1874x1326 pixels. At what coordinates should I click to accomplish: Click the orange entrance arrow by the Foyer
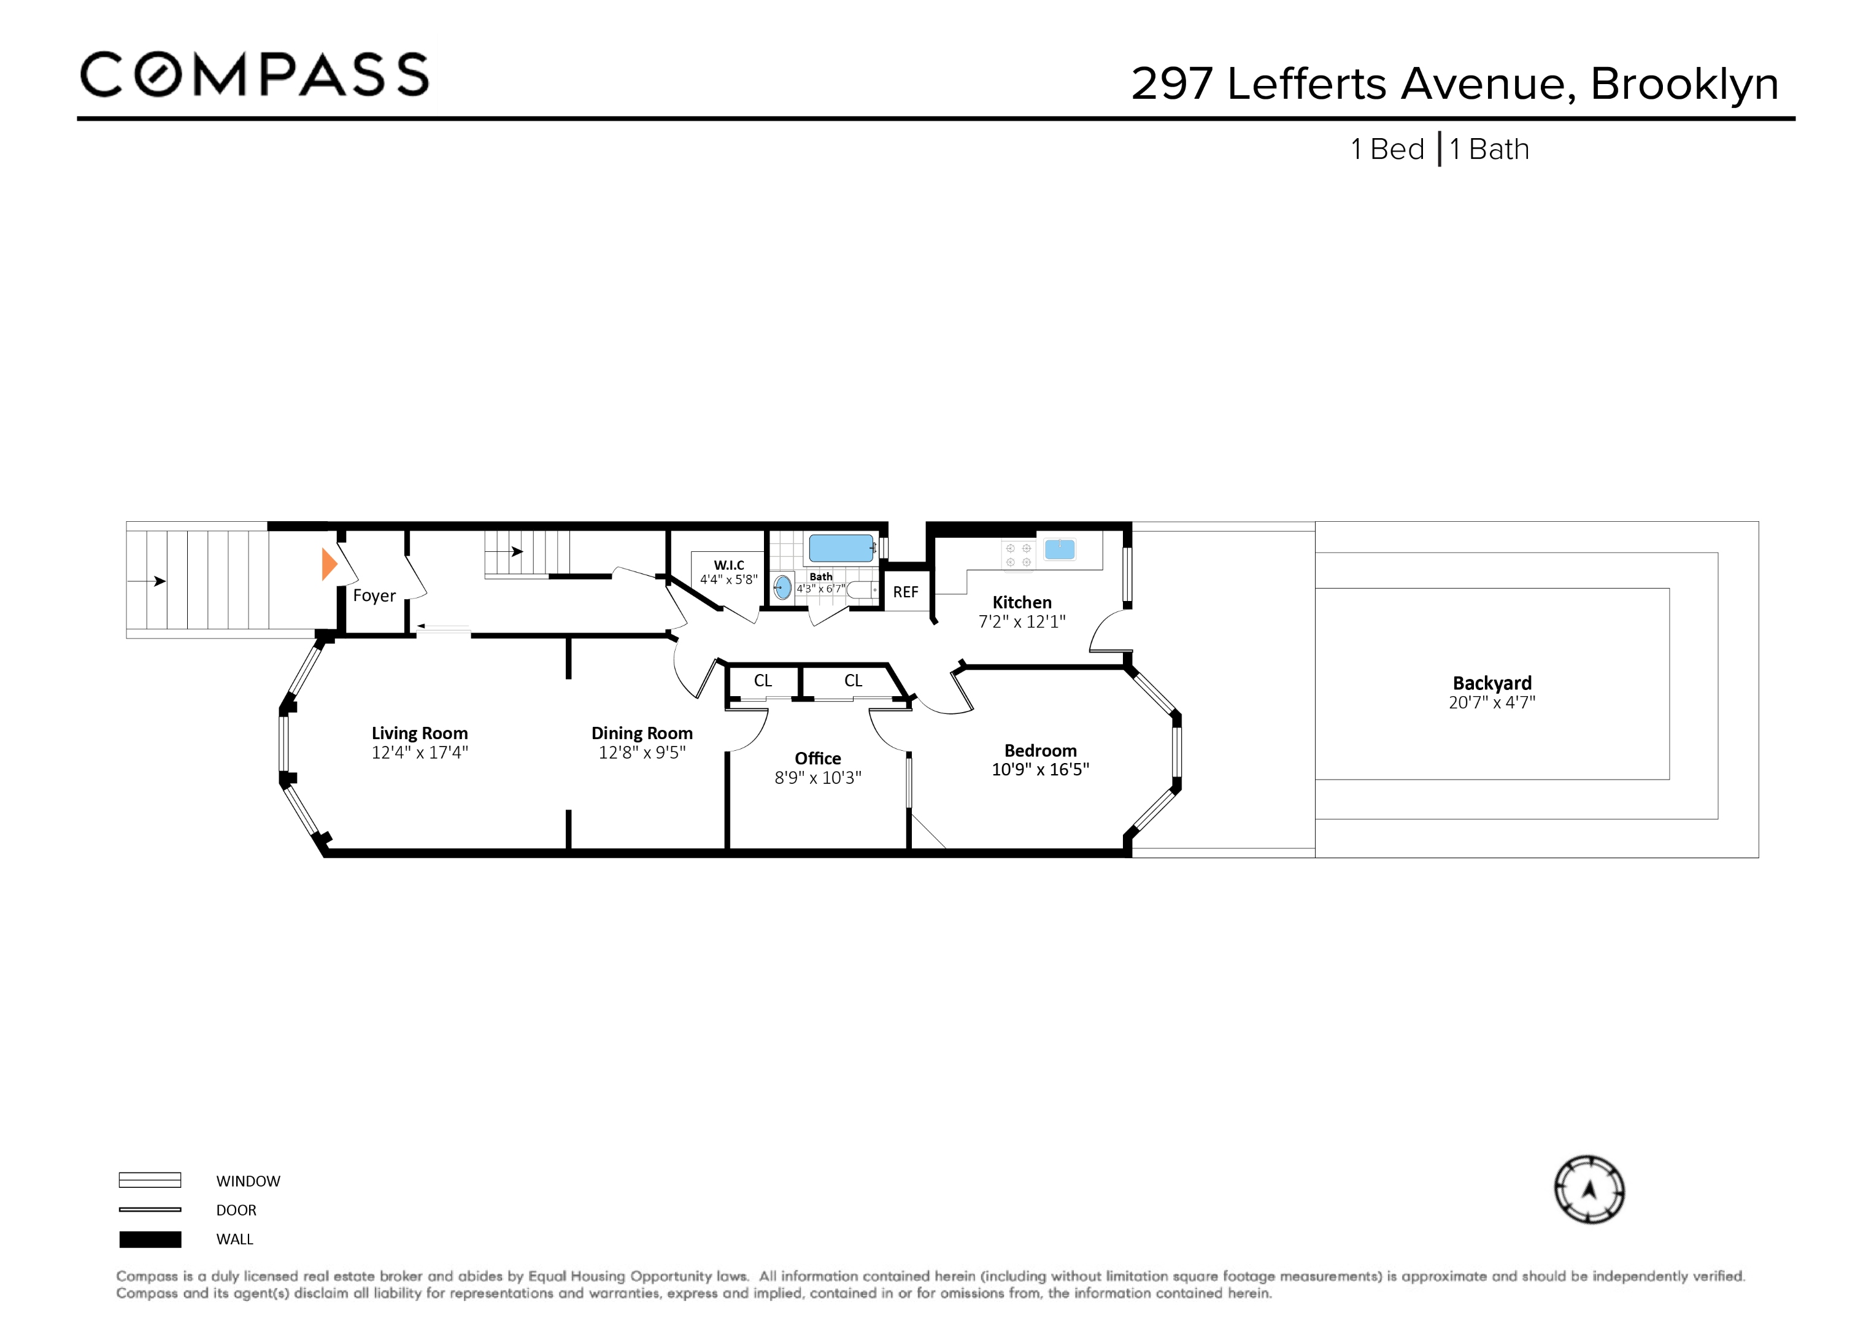click(x=329, y=564)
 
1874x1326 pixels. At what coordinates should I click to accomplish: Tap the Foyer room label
click(x=374, y=595)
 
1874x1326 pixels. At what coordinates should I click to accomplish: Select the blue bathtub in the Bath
click(x=841, y=547)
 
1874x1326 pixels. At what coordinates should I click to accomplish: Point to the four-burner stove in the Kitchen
click(x=1018, y=555)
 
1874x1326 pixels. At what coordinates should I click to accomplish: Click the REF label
click(x=905, y=592)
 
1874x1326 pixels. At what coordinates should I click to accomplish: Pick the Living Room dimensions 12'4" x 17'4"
click(x=420, y=752)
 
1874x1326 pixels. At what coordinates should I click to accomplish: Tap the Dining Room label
click(x=641, y=732)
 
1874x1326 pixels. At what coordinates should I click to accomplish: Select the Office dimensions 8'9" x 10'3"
click(x=818, y=777)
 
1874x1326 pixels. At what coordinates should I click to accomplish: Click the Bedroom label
click(x=1040, y=750)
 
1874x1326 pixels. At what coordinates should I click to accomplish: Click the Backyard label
click(x=1491, y=683)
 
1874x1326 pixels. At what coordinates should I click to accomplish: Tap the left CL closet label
click(x=762, y=680)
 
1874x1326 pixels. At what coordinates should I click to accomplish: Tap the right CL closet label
click(x=853, y=680)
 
